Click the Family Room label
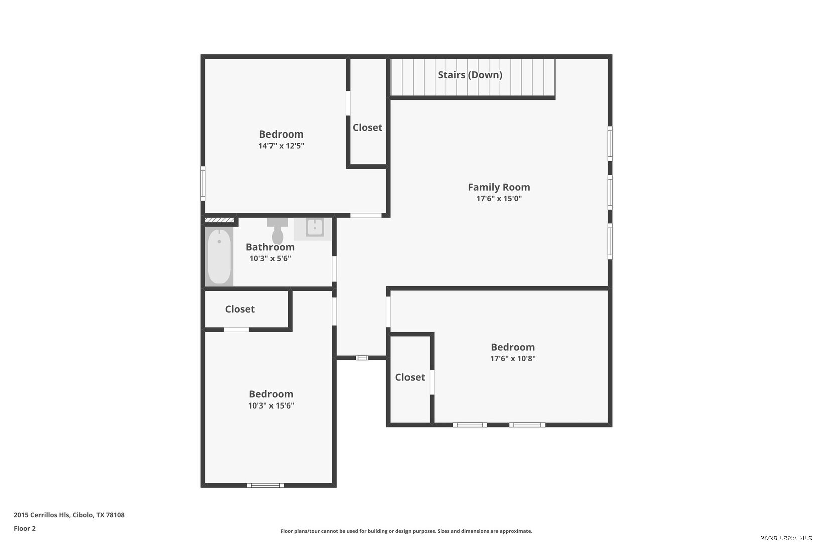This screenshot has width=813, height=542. point(499,187)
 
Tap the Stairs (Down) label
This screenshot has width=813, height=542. point(470,75)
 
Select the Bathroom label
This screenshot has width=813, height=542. point(270,247)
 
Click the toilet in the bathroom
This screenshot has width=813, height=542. point(278,231)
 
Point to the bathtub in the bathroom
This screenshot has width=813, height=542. point(219,256)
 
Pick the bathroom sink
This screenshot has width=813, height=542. point(314,228)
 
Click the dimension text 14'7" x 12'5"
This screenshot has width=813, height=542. point(281,146)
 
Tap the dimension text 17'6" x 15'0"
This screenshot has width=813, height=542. point(499,198)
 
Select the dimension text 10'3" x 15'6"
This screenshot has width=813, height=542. point(271,405)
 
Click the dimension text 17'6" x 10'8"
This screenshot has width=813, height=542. point(513,358)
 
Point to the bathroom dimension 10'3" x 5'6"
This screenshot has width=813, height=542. point(270,258)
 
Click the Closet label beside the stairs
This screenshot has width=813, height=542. point(367,128)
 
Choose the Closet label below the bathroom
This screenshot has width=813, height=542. point(240,309)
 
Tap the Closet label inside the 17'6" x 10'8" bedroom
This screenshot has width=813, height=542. point(410,377)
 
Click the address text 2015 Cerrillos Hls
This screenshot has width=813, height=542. point(41,515)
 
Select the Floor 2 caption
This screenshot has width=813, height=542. point(25,528)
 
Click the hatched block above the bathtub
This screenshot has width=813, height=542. point(220,220)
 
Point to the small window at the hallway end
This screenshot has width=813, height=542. point(362,358)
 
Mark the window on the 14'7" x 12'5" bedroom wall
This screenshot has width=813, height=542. point(203,183)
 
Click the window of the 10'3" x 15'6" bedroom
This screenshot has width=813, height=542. point(265,485)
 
